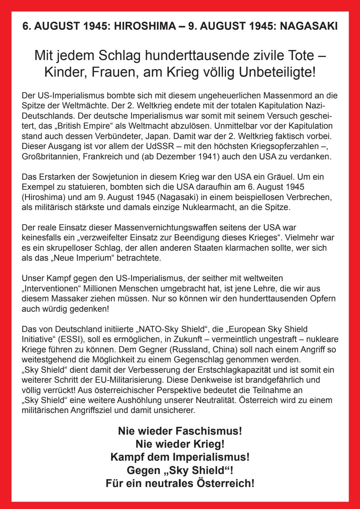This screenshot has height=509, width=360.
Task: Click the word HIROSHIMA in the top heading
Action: tap(145, 26)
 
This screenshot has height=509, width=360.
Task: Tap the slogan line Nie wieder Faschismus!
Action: tap(180, 431)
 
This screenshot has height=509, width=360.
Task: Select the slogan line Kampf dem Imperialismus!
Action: tap(180, 457)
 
